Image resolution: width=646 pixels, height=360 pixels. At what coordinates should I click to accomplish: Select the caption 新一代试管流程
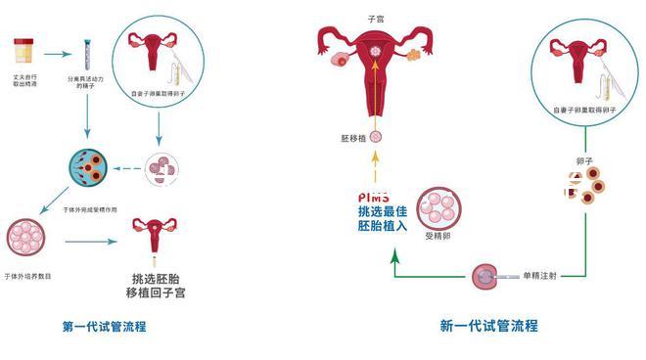(488, 326)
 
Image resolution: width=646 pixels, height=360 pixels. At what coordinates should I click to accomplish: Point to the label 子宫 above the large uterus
(374, 19)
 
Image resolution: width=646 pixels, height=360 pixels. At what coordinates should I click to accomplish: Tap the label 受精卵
(436, 236)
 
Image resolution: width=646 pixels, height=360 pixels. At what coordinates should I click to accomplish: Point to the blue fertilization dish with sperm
(86, 169)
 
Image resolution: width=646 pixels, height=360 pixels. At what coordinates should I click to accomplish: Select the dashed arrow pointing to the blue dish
(126, 169)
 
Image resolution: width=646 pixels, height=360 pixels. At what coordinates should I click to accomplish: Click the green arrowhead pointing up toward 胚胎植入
(393, 255)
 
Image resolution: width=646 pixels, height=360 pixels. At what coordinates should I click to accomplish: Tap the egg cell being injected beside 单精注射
(483, 277)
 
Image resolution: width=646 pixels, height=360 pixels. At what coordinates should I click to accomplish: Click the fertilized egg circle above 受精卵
(437, 206)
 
